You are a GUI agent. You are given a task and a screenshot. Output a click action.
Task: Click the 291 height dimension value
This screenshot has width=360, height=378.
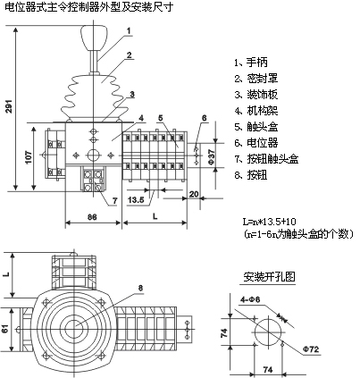coord(10,105)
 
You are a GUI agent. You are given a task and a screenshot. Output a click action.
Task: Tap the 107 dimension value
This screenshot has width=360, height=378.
coord(29,157)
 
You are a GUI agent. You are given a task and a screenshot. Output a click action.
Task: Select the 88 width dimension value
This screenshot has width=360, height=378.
coord(92,217)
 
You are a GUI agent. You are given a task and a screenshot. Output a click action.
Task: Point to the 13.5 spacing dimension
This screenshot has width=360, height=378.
coord(136,200)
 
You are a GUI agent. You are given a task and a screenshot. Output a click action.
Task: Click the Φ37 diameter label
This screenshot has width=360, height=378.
coord(210,157)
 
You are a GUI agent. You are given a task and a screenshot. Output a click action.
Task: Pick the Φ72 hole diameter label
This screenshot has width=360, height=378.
coord(311,349)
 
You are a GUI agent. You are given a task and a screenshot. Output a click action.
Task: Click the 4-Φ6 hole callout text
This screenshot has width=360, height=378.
coord(250,299)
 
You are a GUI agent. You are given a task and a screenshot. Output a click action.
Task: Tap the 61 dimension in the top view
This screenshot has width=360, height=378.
coord(5,329)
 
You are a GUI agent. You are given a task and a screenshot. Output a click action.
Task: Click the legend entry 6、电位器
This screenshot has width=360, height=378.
coord(256,143)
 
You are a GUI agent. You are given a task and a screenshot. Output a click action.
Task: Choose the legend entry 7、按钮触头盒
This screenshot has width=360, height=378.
coord(266,159)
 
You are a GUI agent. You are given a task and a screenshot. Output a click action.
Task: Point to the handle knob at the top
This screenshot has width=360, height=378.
coord(94,38)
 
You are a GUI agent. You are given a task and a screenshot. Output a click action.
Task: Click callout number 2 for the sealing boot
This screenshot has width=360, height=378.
coord(129,55)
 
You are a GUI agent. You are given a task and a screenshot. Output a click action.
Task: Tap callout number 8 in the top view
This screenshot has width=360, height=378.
coord(141,288)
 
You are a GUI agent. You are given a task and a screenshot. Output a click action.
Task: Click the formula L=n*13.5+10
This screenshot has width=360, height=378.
coord(269,222)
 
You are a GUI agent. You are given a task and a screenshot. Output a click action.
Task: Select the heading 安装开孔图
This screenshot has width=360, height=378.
coord(269,277)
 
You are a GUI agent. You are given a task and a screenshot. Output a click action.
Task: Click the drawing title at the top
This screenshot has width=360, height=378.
coord(89,6)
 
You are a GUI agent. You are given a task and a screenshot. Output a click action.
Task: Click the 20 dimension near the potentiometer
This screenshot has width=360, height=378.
coord(194,194)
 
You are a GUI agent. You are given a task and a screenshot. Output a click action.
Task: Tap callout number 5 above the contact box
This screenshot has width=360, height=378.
coord(161,118)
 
